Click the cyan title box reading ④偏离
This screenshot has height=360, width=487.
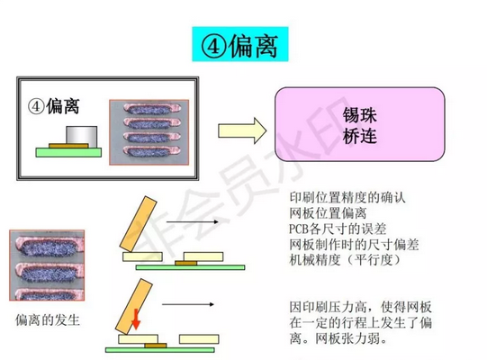click(x=240, y=44)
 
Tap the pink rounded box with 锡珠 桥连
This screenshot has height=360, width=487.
click(x=360, y=124)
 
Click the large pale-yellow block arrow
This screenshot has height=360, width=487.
click(x=242, y=130)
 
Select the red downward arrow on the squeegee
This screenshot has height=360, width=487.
click(x=136, y=319)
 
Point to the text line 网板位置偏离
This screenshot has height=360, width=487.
click(x=328, y=213)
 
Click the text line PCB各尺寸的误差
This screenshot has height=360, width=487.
click(x=338, y=229)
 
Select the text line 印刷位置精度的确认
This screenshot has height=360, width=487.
click(x=347, y=197)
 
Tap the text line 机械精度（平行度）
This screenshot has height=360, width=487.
click(x=345, y=260)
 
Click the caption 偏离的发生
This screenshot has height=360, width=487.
click(x=48, y=319)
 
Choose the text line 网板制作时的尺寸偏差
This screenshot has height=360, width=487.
click(x=354, y=245)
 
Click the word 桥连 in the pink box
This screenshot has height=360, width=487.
click(x=360, y=136)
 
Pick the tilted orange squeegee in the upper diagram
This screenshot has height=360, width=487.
click(x=139, y=223)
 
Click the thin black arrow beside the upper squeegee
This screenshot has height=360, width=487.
click(x=193, y=221)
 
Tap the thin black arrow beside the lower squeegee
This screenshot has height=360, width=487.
click(x=188, y=304)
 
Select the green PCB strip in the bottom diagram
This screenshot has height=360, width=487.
click(x=160, y=350)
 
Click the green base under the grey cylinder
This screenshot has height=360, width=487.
click(x=68, y=152)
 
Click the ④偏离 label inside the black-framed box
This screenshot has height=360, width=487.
click(x=53, y=106)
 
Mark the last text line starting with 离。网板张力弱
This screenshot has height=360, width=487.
click(x=338, y=338)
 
